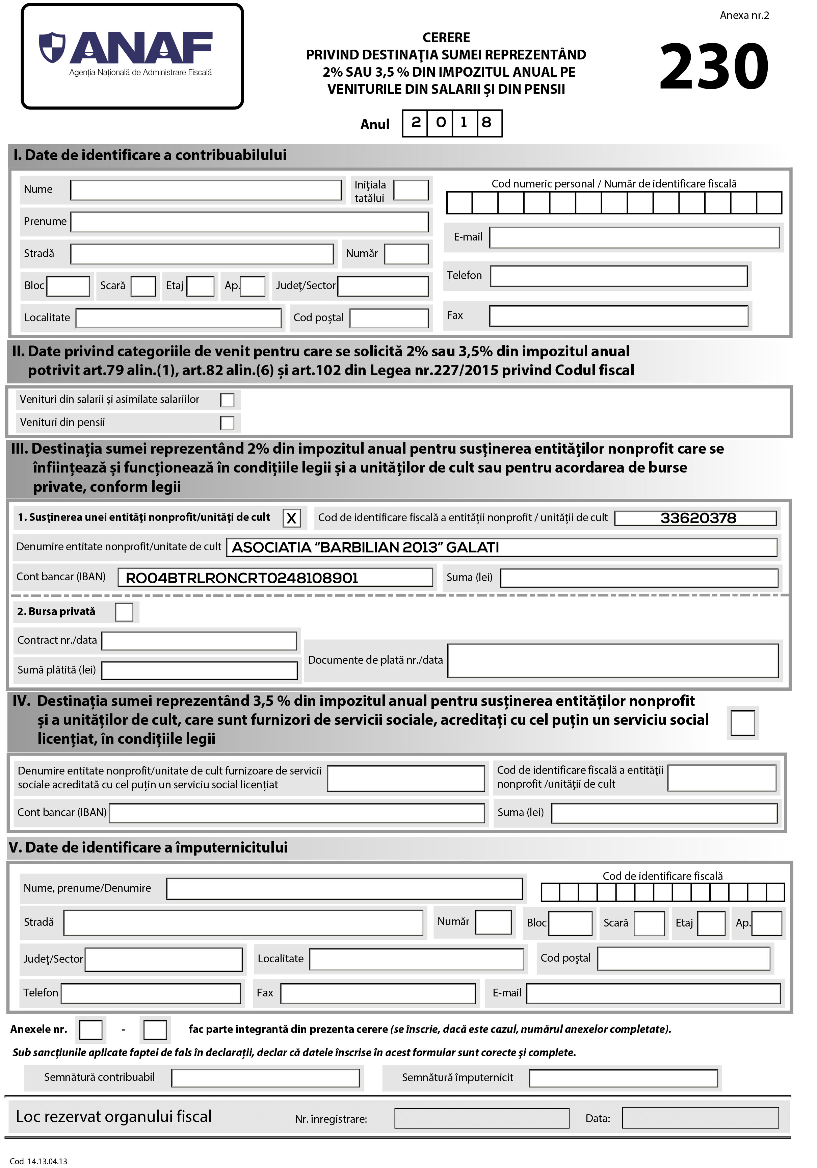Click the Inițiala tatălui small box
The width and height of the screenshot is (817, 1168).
(411, 190)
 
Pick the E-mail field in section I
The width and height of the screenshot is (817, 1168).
(634, 237)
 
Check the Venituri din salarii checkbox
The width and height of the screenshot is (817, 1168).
(227, 400)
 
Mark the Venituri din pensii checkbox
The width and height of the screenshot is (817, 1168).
(227, 423)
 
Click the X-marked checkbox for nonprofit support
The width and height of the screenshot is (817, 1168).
(291, 518)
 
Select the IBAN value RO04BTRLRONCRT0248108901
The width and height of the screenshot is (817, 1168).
(242, 578)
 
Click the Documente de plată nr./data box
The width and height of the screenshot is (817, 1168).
(613, 660)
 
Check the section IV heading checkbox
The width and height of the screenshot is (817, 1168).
(742, 723)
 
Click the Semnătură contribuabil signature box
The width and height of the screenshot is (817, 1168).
(265, 1077)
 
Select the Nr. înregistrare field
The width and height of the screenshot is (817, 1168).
(481, 1118)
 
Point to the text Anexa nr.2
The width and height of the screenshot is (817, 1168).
(744, 15)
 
